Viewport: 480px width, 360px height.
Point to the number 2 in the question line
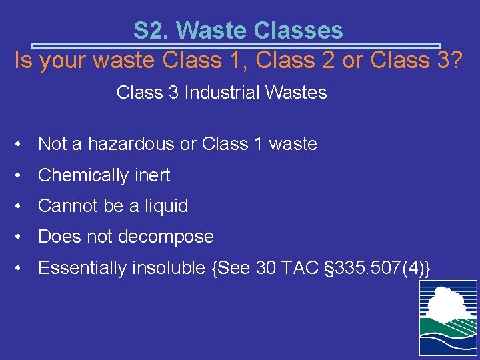click(x=328, y=61)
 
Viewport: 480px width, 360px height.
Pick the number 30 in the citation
click(x=268, y=268)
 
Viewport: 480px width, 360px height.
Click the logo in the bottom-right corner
click(x=447, y=317)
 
